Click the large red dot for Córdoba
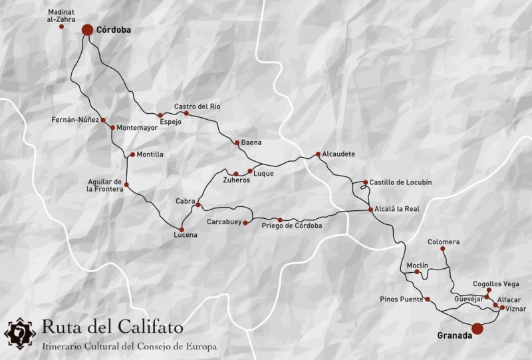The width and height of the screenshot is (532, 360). point(87,30)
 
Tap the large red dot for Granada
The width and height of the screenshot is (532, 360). point(477,328)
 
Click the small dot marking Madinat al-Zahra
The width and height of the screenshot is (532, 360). point(62,26)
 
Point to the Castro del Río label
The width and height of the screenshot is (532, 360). point(197,106)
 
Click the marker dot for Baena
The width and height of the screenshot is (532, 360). point(237,142)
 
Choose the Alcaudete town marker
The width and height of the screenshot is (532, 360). point(319,154)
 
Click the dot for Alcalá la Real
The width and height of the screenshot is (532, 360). point(371,210)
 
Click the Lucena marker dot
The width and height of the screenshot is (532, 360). point(182,229)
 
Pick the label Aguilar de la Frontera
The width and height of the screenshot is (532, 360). point(105,185)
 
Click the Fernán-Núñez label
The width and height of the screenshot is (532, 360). point(74,120)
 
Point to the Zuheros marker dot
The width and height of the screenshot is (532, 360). point(236,174)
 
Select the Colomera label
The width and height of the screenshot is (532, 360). point(444,242)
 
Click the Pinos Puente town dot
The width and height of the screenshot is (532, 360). point(428,299)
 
